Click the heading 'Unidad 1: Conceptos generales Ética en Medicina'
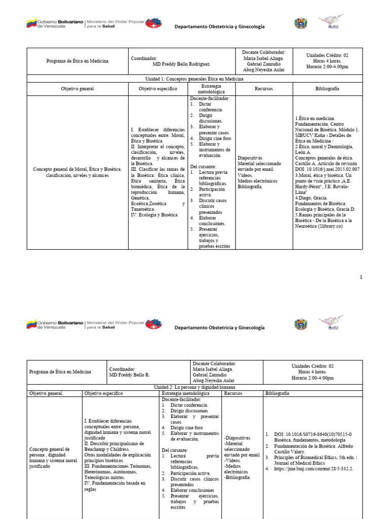194,79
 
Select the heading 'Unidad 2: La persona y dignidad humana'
194,387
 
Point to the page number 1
361,277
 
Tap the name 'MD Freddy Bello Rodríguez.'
181,64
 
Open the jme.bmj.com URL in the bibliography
309,468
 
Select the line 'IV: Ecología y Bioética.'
154,215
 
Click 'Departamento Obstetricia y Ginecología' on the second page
220,327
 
